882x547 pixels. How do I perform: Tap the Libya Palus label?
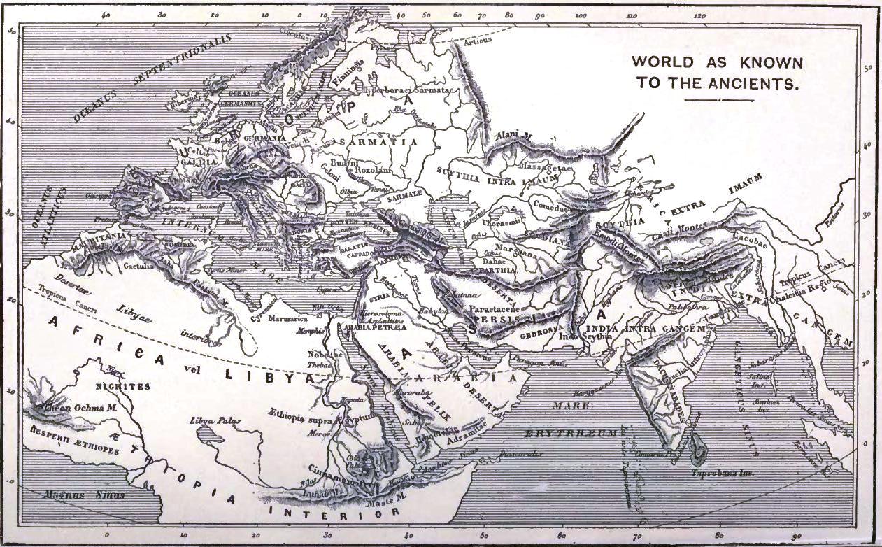[x=215, y=421]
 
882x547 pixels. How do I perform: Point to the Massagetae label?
[x=546, y=168]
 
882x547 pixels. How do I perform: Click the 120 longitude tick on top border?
[x=699, y=15]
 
